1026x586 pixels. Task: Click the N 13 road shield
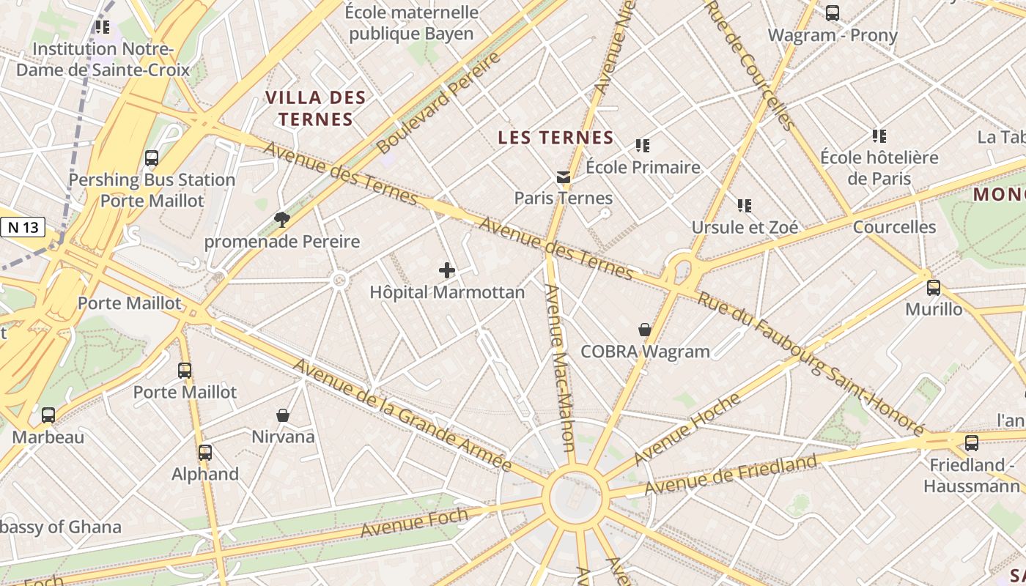[x=23, y=227]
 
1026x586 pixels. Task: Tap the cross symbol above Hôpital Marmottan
[x=447, y=270]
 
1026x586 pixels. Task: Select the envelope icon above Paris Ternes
[x=563, y=177]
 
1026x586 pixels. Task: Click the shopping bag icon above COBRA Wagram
[x=645, y=330]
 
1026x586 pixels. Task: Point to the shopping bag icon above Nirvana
[x=283, y=415]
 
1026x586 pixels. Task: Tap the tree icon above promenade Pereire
[x=281, y=219]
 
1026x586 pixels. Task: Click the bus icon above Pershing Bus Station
[x=152, y=157]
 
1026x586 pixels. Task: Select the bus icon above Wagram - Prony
[x=833, y=12]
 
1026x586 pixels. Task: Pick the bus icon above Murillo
[x=934, y=287]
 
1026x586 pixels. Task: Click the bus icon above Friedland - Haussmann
[x=972, y=442]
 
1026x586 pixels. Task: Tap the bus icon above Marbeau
[x=48, y=415]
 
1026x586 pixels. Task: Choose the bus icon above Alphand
[x=205, y=452]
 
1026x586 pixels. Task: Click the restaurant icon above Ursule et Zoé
[x=745, y=206]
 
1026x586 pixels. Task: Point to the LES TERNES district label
[x=556, y=138]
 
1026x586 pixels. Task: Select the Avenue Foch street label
[x=414, y=522]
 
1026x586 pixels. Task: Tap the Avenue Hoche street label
[x=687, y=429]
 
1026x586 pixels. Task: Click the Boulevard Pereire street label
[x=439, y=103]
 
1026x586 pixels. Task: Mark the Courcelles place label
[x=894, y=227]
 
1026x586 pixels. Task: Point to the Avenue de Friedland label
[x=731, y=475]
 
